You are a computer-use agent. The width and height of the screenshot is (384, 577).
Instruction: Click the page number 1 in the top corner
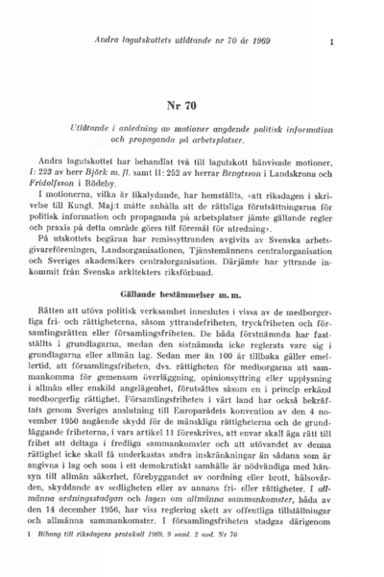(x=330, y=41)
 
